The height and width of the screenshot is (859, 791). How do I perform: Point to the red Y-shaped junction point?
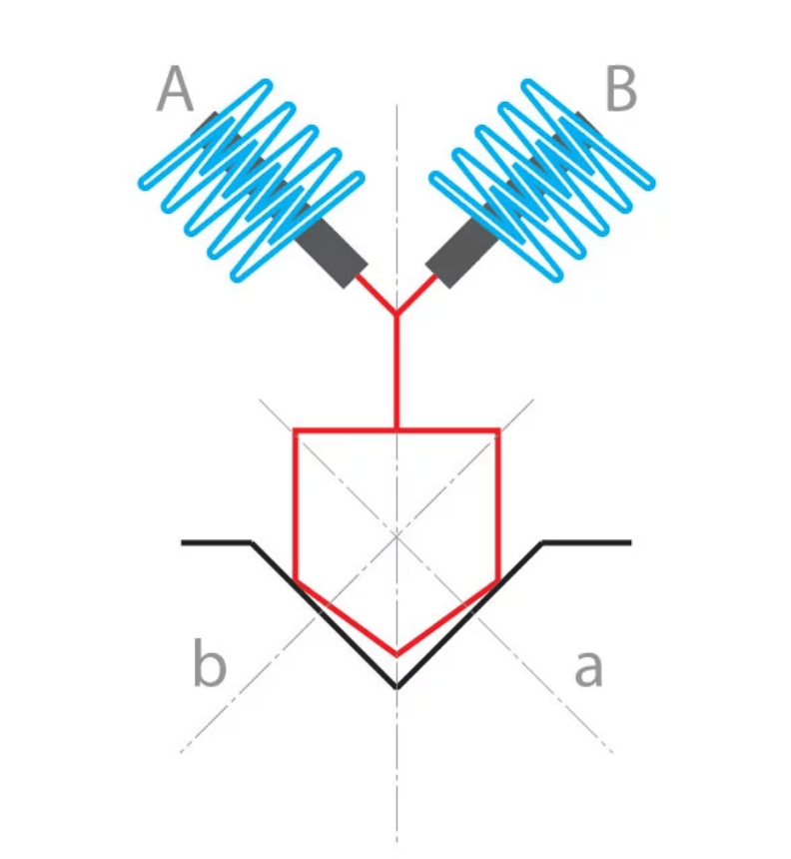pos(396,315)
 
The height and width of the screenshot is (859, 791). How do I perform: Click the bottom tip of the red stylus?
pos(396,655)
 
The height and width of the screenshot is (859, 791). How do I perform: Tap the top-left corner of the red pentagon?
pos(295,430)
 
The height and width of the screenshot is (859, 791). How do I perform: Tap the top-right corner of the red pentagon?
pos(498,430)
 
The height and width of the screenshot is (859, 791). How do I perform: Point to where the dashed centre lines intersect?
pos(396,534)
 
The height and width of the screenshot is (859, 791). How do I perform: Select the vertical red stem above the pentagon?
pos(396,375)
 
